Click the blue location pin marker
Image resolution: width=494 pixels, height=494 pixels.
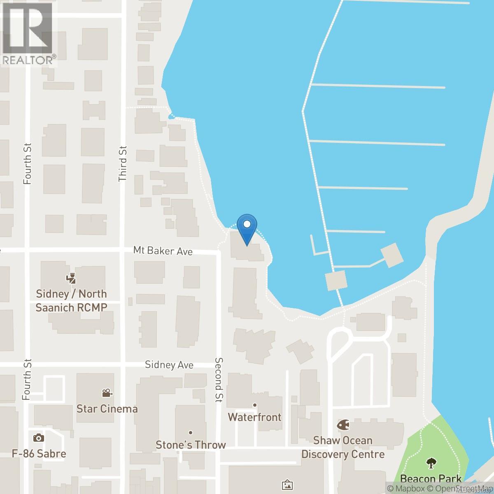(x=247, y=229)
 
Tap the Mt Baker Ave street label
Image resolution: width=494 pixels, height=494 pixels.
(x=163, y=251)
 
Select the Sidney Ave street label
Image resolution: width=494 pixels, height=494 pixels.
(x=169, y=365)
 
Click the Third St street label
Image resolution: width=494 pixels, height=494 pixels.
(x=123, y=164)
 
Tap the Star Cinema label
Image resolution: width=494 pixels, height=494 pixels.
(x=107, y=409)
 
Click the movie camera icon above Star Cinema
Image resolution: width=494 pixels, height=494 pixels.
(x=107, y=393)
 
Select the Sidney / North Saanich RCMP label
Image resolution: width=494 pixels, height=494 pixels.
(x=72, y=301)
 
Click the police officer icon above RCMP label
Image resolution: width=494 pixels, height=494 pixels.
(x=71, y=279)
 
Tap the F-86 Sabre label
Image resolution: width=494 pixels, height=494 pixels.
(x=39, y=454)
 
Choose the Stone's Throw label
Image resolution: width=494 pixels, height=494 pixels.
(x=191, y=445)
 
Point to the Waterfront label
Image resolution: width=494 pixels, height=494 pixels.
(x=255, y=417)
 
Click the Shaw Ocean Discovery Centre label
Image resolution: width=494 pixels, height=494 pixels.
(x=343, y=447)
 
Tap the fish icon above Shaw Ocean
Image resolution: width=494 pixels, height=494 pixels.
(x=342, y=425)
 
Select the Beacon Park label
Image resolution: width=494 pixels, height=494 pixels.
(x=431, y=479)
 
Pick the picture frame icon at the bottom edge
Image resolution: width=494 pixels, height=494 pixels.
(x=287, y=485)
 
